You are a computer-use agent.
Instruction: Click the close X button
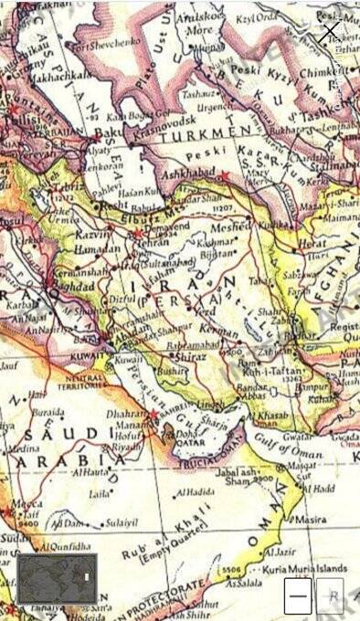pos(330,34)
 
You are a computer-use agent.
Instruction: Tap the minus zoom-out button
pos(297,595)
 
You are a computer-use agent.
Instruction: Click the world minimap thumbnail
pos(57,578)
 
